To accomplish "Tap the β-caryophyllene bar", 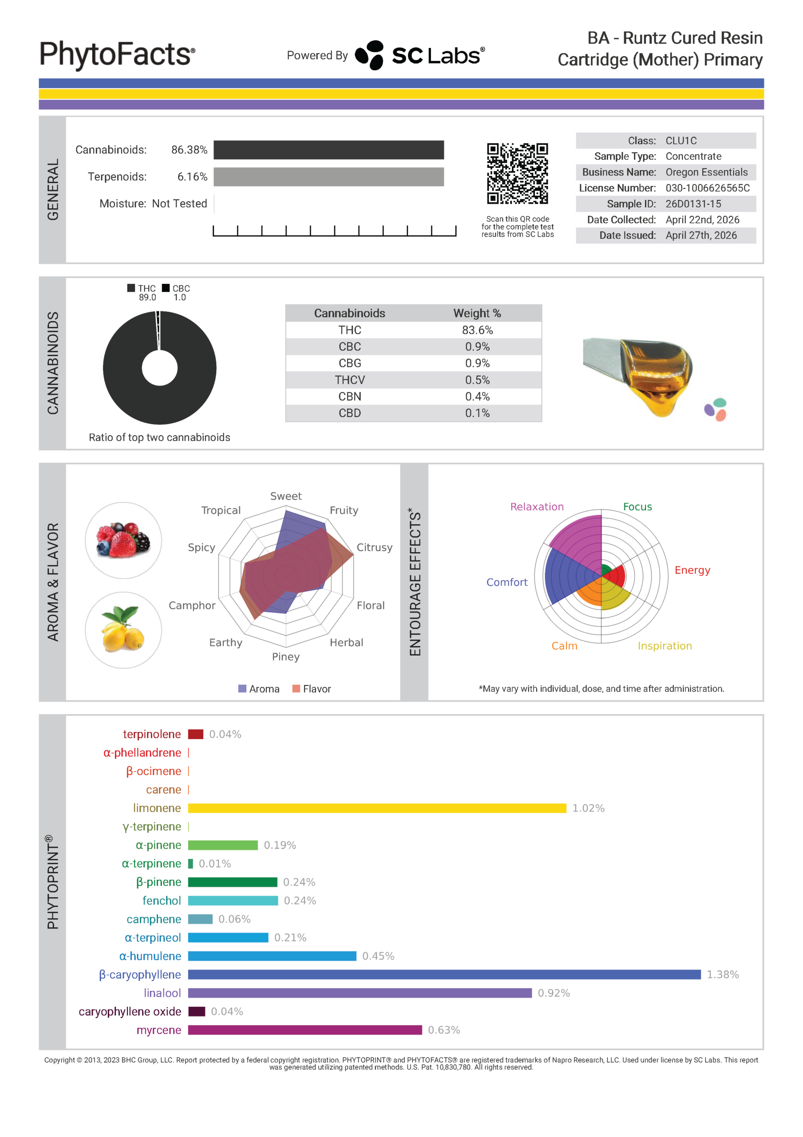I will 443,974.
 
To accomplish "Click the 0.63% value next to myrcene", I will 443,1030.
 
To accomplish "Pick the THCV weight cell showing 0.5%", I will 477,380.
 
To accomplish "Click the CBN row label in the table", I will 349,397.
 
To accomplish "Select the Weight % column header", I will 477,314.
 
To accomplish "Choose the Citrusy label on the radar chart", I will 374,547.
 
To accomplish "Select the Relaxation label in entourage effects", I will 537,507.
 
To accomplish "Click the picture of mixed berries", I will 123,540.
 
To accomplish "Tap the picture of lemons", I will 123,629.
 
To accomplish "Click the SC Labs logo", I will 420,55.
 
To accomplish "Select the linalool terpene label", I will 162,993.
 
